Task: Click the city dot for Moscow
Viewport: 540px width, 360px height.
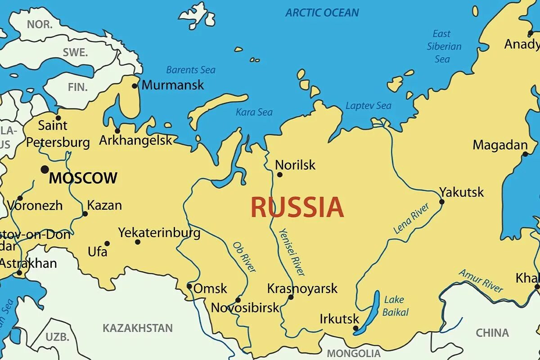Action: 45,170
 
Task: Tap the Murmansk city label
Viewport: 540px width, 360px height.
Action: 173,85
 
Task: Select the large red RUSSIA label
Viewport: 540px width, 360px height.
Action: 297,207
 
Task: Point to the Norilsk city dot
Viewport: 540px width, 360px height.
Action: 279,175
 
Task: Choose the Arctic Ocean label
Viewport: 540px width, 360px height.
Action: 322,13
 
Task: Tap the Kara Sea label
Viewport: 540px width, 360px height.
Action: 254,112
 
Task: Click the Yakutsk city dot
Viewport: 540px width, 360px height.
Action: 442,202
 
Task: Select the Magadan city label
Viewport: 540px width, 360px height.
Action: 500,145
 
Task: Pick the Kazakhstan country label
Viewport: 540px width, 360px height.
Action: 138,328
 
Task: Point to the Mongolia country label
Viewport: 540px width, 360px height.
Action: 354,353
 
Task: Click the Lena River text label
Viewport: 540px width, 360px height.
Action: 411,218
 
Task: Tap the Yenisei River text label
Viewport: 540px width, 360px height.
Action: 292,252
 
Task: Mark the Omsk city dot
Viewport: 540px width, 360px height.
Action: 189,286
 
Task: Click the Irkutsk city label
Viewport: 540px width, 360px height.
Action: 340,319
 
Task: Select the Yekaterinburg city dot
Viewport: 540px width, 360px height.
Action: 138,242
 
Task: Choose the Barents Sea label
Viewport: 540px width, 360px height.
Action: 191,70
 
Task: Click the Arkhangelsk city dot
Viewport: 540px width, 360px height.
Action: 117,131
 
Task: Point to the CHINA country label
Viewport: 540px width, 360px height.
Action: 492,333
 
